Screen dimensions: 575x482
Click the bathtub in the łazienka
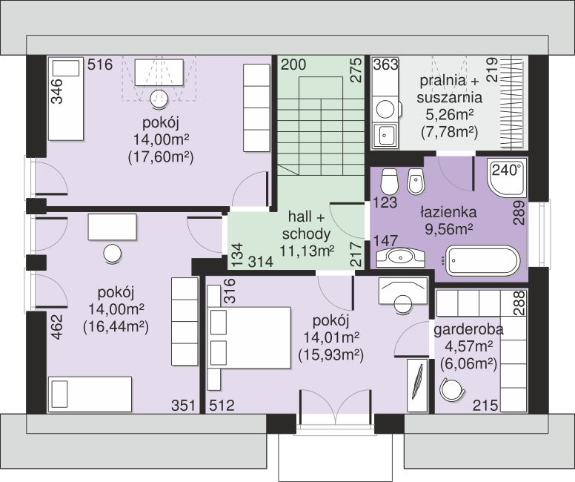pos(482,261)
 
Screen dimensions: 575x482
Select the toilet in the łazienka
pos(389,182)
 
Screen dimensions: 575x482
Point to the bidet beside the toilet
pos(416,182)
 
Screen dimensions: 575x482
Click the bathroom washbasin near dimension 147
pos(400,257)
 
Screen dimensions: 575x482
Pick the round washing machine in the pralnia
pos(386,109)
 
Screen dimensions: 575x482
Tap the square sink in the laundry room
pos(385,136)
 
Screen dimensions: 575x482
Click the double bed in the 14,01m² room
pos(250,337)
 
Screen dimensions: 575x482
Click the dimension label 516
pos(100,65)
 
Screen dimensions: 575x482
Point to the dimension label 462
pos(57,327)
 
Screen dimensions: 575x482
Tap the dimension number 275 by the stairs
pos(356,70)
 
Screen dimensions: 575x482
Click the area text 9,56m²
pos(448,229)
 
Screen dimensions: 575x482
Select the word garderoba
pos(468,329)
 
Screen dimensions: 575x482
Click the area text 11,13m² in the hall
pos(307,251)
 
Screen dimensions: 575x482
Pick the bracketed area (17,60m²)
pos(161,157)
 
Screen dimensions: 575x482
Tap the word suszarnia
pos(449,98)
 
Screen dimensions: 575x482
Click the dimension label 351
pos(183,406)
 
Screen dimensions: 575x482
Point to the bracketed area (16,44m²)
pos(116,327)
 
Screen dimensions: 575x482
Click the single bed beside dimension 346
pos(66,99)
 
